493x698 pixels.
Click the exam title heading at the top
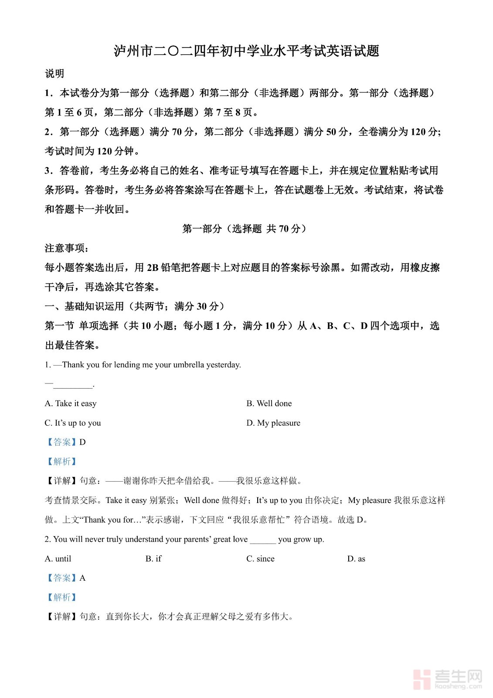click(246, 51)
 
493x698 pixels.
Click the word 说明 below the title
click(54, 74)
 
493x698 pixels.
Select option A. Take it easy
click(71, 404)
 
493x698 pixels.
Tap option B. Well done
click(269, 404)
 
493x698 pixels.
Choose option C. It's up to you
click(73, 423)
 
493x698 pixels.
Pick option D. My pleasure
click(273, 423)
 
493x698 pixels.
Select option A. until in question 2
click(58, 559)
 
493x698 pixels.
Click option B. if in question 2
click(153, 559)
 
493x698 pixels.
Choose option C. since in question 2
click(260, 559)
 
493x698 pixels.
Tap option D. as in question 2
click(356, 559)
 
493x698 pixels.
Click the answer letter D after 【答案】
click(82, 442)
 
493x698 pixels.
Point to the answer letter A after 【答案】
click(82, 578)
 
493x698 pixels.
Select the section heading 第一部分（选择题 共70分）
click(246, 229)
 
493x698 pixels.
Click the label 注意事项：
click(67, 248)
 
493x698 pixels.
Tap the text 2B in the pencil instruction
click(153, 268)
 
